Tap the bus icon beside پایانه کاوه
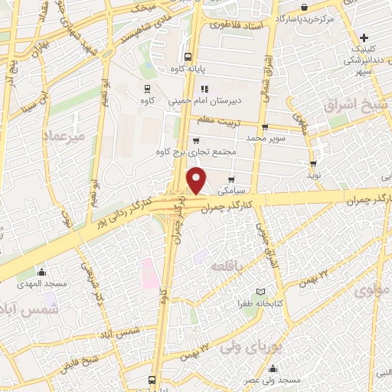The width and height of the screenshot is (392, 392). tap(188, 56)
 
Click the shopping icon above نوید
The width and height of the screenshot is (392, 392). tap(313, 163)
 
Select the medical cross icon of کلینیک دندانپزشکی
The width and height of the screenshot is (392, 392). tap(366, 37)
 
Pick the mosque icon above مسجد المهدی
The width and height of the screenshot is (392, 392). tap(42, 271)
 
